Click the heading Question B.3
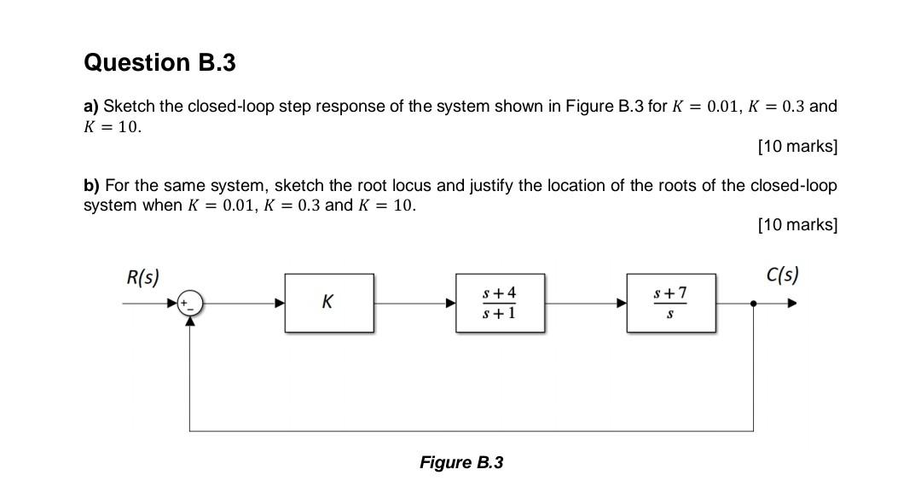point(159,62)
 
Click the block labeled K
point(328,302)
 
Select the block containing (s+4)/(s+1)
point(500,303)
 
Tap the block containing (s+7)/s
point(670,303)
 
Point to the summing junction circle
point(190,303)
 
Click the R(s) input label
point(142,277)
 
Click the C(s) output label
point(782,275)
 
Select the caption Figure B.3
point(460,462)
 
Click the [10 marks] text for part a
point(797,146)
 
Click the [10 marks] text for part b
point(797,224)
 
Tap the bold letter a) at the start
point(91,107)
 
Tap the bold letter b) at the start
point(91,185)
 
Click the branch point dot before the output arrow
point(754,303)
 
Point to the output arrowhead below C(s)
point(792,303)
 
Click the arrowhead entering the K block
point(280,303)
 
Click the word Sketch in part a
point(129,107)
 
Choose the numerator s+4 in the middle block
point(499,293)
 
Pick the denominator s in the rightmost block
point(669,314)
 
